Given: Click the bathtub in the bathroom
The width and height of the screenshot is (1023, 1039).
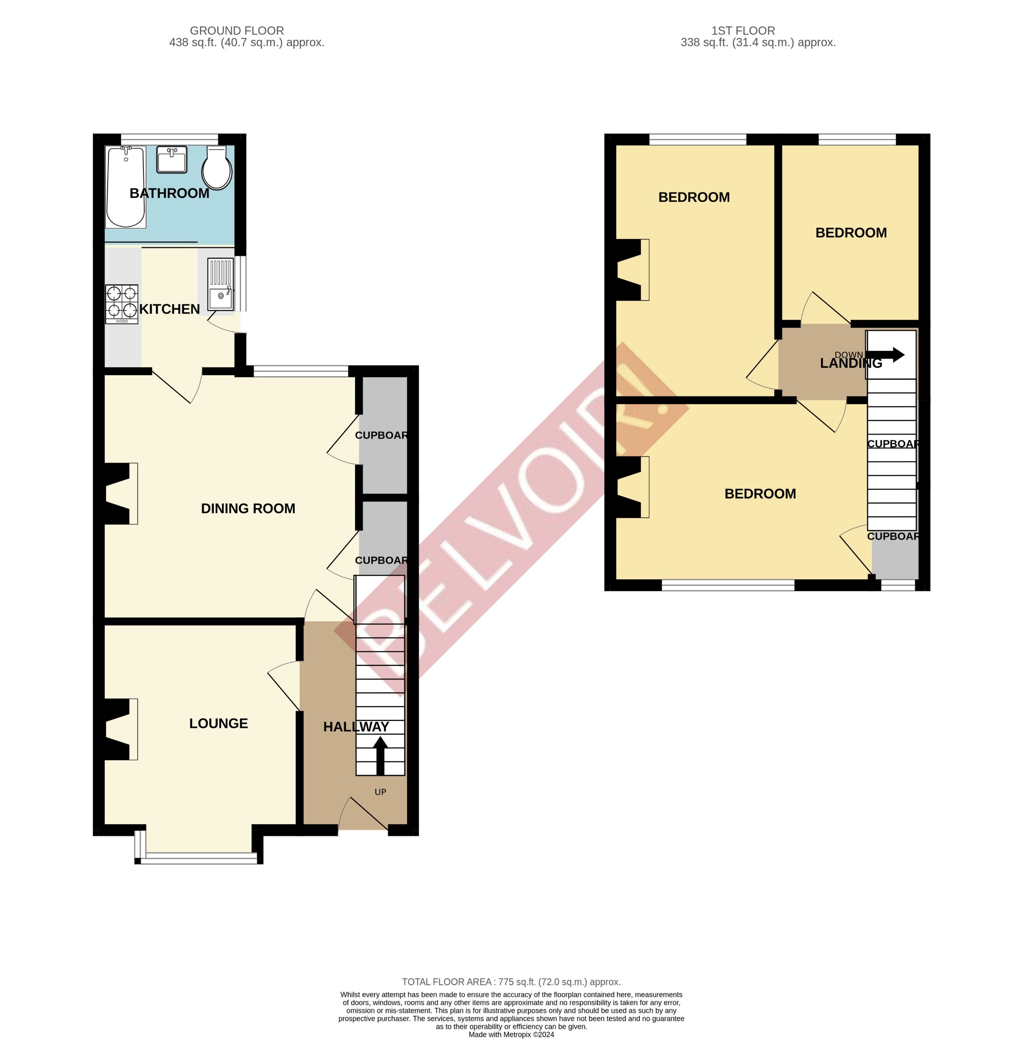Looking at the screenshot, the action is coord(126,187).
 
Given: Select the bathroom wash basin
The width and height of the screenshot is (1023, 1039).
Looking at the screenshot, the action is coord(172,160).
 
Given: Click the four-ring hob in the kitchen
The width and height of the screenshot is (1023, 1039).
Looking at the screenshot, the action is coord(121,304).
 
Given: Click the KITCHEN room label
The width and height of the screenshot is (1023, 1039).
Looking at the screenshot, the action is coord(169,309).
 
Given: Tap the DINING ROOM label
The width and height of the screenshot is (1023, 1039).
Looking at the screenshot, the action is coord(248,508).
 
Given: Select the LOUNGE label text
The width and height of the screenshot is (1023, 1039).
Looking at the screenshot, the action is coord(219,723).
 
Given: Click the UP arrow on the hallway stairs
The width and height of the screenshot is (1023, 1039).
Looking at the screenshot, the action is coord(381,755).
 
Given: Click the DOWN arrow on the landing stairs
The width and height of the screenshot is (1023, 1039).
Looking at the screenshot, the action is coord(885,355).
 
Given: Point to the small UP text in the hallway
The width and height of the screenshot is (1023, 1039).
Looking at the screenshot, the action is coord(381,792).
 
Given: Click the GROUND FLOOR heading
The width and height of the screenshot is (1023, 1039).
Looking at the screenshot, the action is coord(237,31).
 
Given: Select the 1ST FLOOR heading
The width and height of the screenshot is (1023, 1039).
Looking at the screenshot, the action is coord(743,31).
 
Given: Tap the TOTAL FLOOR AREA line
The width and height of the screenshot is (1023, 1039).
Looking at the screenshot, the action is coord(511,982).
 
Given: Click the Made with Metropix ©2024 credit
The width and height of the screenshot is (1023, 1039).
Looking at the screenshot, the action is coord(511,1034).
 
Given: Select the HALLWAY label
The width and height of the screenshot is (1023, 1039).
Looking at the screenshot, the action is coord(356,727).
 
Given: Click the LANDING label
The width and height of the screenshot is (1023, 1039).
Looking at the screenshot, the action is coord(851,363).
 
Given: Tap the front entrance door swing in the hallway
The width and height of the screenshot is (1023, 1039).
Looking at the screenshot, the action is coord(363,814).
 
